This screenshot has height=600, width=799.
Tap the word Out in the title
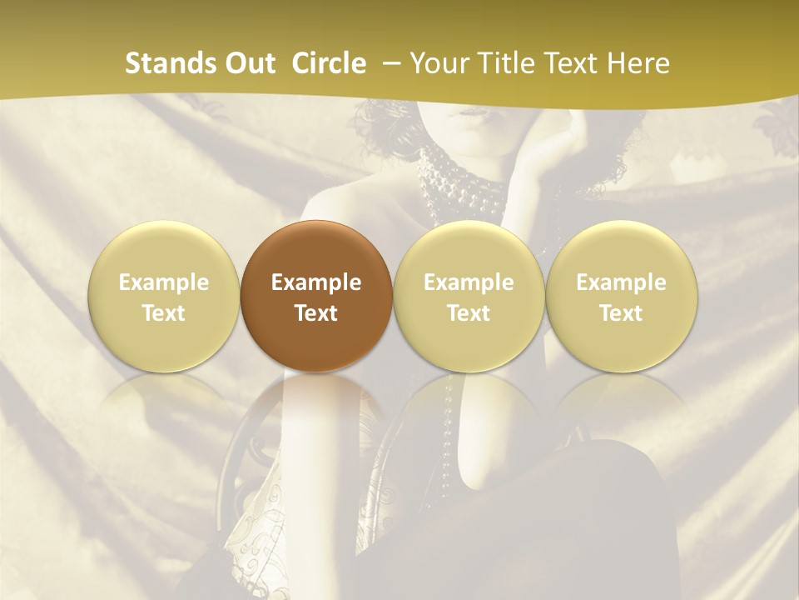pos(248,63)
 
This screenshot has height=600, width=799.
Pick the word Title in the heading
pos(502,63)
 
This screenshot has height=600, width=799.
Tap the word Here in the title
pos(639,63)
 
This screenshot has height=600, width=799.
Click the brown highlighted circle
pos(315,296)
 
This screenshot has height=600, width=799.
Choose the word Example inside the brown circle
pos(315,282)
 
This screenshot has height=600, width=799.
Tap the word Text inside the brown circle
pos(315,313)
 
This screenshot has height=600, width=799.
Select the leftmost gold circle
pos(163,296)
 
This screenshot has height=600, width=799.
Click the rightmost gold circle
pos(621,296)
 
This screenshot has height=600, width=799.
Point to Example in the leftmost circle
pos(163,282)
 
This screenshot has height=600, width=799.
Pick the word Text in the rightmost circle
pos(621,313)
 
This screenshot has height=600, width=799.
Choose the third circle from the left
pos(469,296)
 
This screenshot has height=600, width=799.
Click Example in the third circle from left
pos(469,282)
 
